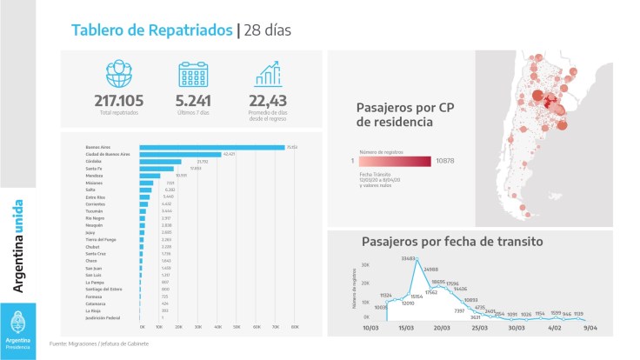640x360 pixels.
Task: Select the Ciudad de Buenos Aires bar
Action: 180,154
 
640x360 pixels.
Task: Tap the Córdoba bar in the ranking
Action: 161,162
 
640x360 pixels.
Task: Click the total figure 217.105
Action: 118,101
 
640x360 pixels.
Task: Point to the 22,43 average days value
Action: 268,101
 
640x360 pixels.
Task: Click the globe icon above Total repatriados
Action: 118,74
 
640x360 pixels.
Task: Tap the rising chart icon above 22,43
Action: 268,74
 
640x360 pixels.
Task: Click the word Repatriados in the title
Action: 190,30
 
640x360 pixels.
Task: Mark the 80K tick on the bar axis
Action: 295,326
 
